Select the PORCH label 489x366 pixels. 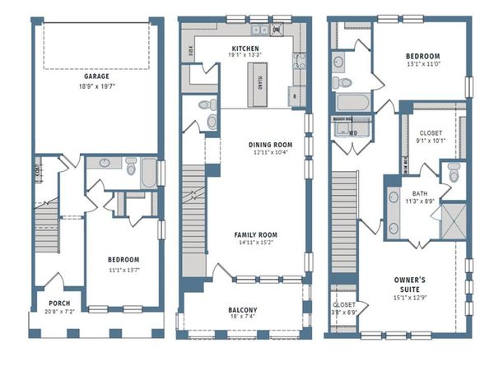[x=58, y=301]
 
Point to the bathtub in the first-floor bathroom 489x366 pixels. [x=148, y=174]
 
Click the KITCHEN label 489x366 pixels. [x=245, y=49]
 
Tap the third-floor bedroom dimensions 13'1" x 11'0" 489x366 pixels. [x=425, y=64]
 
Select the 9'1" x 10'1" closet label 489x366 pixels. [x=431, y=141]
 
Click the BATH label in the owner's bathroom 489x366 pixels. [x=420, y=194]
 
